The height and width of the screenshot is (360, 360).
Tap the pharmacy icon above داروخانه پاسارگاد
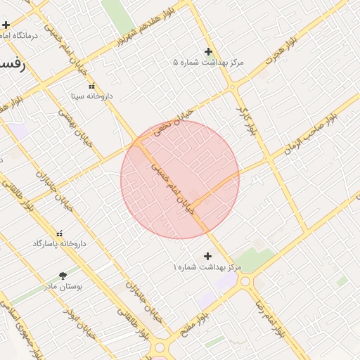click(59, 233)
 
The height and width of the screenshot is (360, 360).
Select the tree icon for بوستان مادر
click(63, 276)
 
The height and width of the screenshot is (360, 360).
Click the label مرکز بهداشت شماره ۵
click(208, 62)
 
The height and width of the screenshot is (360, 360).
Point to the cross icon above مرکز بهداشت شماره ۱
click(207, 257)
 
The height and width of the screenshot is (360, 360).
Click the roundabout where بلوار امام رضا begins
click(245, 282)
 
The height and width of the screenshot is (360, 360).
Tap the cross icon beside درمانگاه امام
click(6, 25)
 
